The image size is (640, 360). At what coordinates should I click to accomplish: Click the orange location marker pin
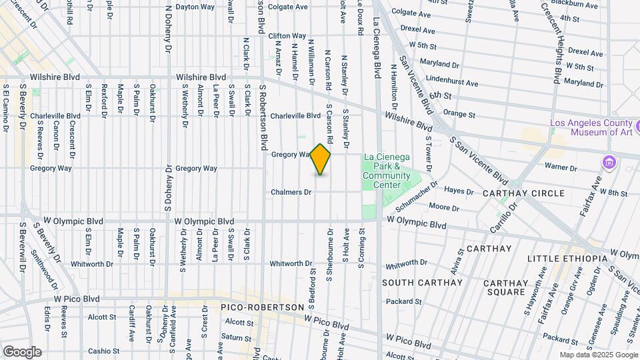click(x=321, y=159)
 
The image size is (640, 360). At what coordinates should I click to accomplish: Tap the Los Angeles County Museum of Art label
click(x=591, y=127)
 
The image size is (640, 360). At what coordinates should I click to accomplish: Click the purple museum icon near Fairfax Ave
click(x=607, y=162)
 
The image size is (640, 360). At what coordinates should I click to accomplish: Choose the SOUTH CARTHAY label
click(x=422, y=283)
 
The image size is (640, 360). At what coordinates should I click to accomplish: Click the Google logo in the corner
click(x=22, y=351)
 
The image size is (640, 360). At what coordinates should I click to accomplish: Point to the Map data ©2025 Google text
click(x=598, y=355)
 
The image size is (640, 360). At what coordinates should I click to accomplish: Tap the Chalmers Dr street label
click(x=291, y=192)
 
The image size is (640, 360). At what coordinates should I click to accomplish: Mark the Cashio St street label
click(x=103, y=351)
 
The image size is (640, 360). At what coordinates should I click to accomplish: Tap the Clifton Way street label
click(x=287, y=35)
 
